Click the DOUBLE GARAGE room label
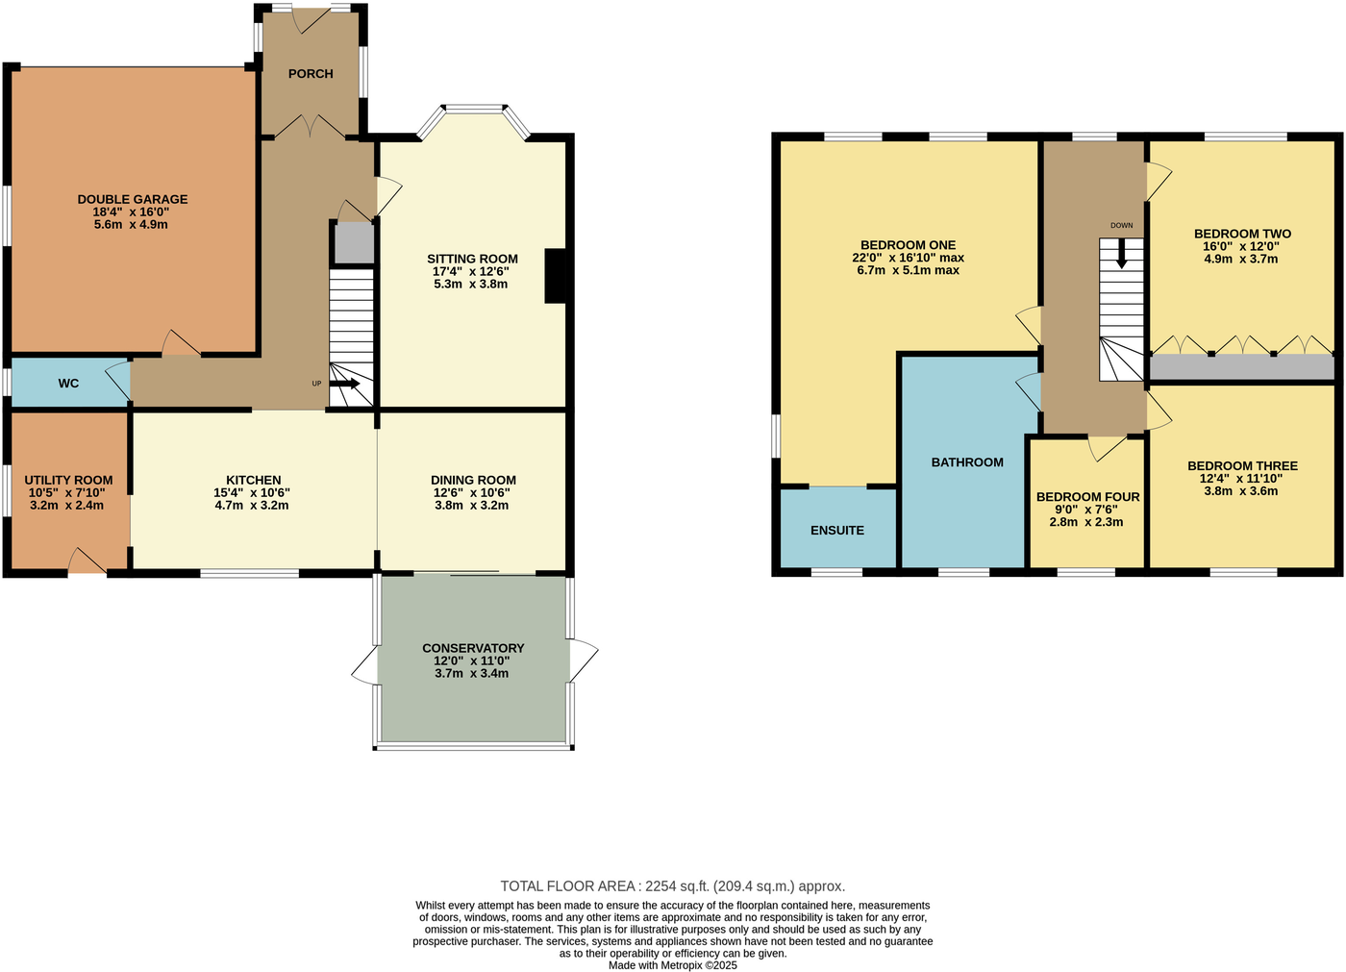(x=133, y=199)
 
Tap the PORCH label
(x=311, y=74)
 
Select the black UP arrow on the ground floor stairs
(x=345, y=384)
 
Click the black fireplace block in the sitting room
(x=555, y=276)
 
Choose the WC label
(x=68, y=384)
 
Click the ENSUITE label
(x=836, y=530)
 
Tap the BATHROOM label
(x=967, y=462)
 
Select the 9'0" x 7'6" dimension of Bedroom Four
(x=1087, y=510)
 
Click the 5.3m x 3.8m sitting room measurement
(x=471, y=284)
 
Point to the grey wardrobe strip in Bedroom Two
(x=1241, y=367)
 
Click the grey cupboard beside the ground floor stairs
(x=353, y=243)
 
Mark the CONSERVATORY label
(x=473, y=648)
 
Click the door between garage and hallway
(x=181, y=344)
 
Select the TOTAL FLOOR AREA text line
(x=672, y=886)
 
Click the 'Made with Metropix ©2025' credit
(x=672, y=965)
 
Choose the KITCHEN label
(x=253, y=480)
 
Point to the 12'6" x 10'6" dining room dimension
(x=473, y=492)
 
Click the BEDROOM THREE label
(x=1242, y=465)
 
